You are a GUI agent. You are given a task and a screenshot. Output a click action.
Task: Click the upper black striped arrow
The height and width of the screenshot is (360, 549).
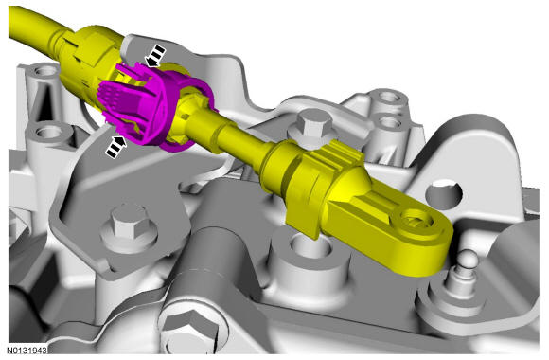155,56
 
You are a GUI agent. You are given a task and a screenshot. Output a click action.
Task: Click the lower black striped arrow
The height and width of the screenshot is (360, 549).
115,147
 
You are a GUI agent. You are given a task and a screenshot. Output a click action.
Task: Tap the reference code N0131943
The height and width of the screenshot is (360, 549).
27,351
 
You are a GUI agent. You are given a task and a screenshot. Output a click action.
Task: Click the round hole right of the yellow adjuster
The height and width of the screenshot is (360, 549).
444,193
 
